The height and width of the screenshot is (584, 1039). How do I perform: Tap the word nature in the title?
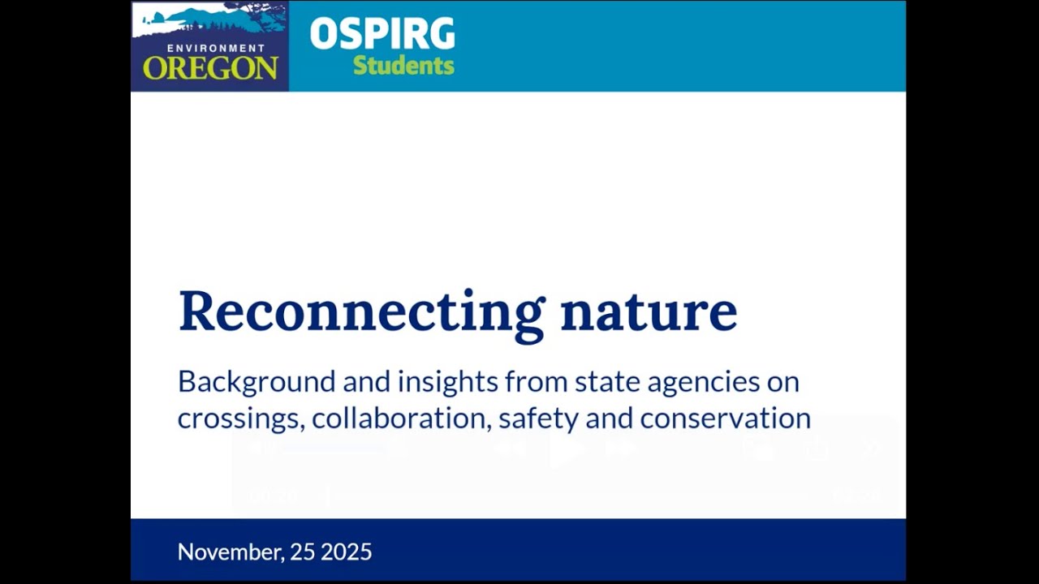(649, 311)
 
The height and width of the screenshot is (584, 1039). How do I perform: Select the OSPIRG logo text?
(382, 34)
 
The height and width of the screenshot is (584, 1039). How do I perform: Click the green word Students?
(403, 66)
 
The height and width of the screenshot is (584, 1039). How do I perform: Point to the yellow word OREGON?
(210, 68)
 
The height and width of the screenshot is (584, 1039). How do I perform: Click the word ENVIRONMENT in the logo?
(216, 49)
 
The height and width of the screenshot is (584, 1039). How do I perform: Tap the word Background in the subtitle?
(257, 381)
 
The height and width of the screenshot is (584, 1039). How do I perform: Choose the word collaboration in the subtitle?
(400, 418)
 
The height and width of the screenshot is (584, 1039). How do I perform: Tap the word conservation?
(725, 418)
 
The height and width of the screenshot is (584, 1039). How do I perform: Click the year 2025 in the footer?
(346, 552)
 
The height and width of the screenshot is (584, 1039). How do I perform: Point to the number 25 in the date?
(302, 552)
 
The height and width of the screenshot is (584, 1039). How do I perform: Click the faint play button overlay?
(566, 448)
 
